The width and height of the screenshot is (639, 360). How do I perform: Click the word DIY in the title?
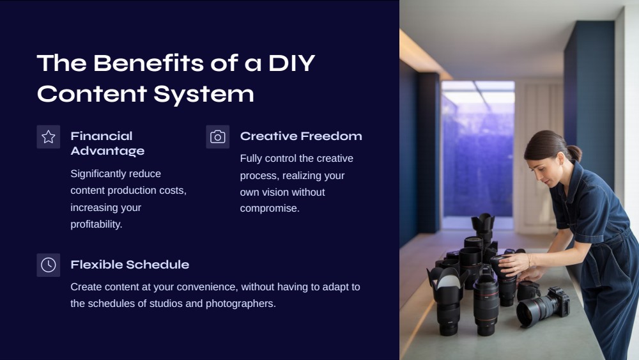click(292, 63)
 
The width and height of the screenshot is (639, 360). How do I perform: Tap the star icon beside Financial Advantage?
click(49, 137)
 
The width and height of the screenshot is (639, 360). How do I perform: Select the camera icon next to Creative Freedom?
click(218, 137)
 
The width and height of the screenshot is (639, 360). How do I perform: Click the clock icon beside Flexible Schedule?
click(49, 265)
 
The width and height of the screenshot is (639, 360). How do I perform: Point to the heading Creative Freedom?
click(301, 136)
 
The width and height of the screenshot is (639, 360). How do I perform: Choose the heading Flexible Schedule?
click(130, 265)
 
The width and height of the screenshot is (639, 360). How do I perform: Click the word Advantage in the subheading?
click(107, 151)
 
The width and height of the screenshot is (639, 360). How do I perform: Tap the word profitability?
click(96, 224)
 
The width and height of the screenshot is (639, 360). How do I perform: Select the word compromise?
click(270, 208)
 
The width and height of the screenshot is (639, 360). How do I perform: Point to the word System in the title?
click(204, 94)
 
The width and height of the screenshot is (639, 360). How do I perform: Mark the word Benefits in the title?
click(149, 63)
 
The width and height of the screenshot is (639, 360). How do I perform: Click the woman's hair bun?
click(574, 153)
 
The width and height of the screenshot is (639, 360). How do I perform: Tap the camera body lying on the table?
click(558, 302)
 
